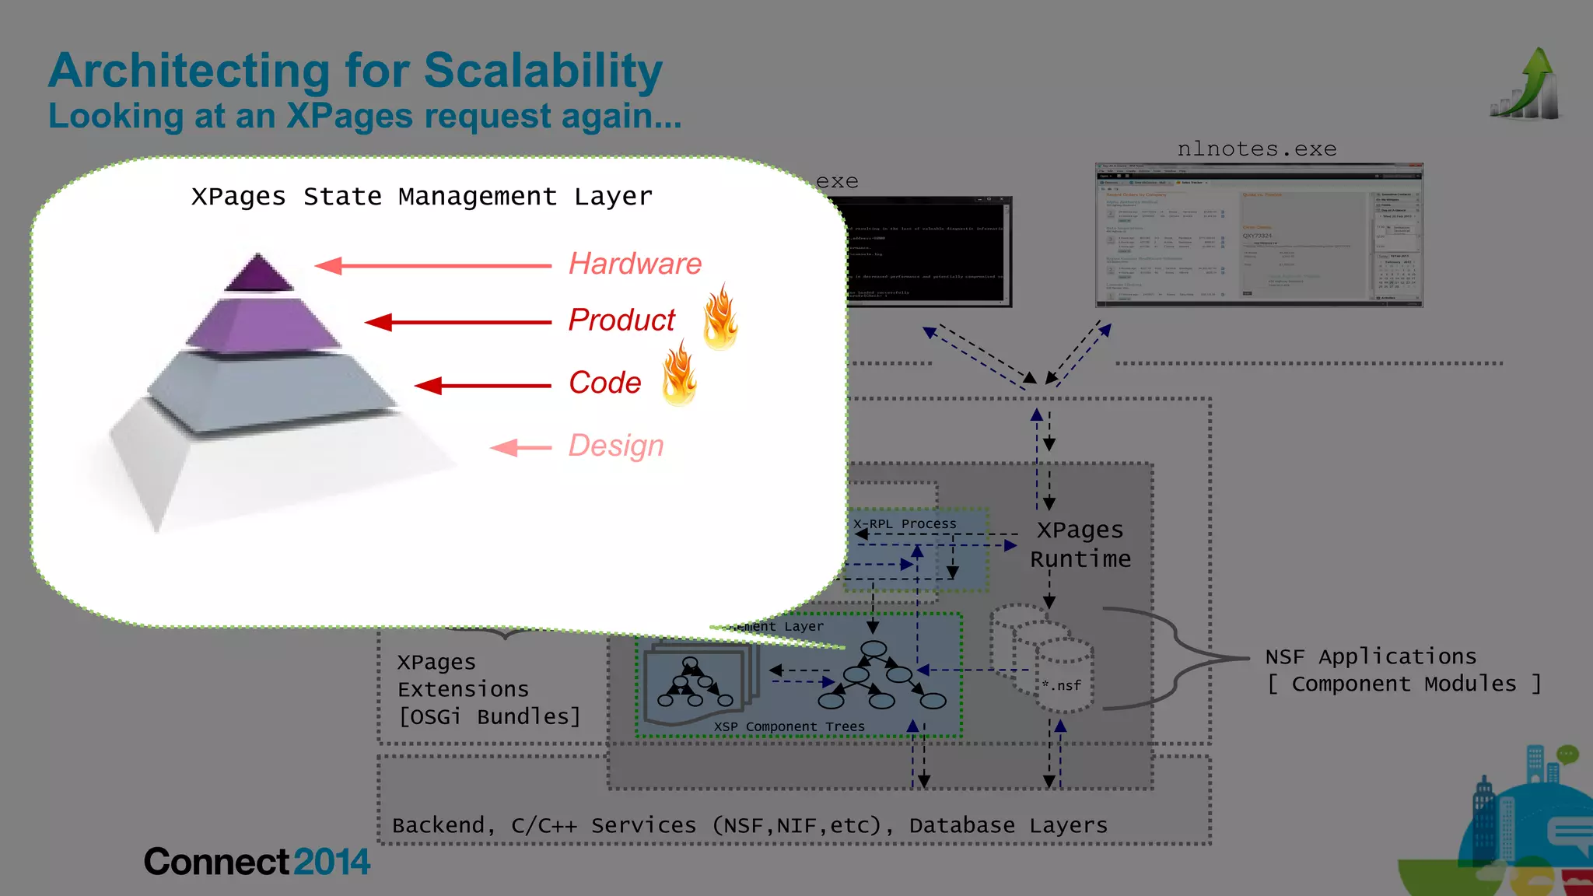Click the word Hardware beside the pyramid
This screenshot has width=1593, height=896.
pos(635,264)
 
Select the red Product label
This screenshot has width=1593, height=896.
pos(621,320)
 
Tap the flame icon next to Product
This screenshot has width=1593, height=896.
pos(720,317)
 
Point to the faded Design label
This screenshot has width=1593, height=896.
pos(615,446)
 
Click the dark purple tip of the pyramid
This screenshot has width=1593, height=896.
pos(258,274)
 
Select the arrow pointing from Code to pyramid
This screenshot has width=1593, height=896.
pos(482,385)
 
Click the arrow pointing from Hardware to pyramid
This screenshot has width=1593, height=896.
pos(432,266)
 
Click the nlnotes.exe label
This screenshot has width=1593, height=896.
pos(1257,149)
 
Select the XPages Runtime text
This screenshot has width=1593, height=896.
pos(1080,544)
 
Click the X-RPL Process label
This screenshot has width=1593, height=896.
pos(905,523)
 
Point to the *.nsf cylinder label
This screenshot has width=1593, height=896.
pos(1062,685)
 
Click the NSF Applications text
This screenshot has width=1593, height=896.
pos(1371,656)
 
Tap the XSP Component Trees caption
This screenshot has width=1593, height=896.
pos(789,726)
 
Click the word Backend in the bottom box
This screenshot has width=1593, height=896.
pos(439,825)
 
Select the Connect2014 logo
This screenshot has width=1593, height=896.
pos(257,862)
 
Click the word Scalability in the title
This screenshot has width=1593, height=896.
pos(543,71)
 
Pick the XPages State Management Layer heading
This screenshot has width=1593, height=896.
pos(422,197)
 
